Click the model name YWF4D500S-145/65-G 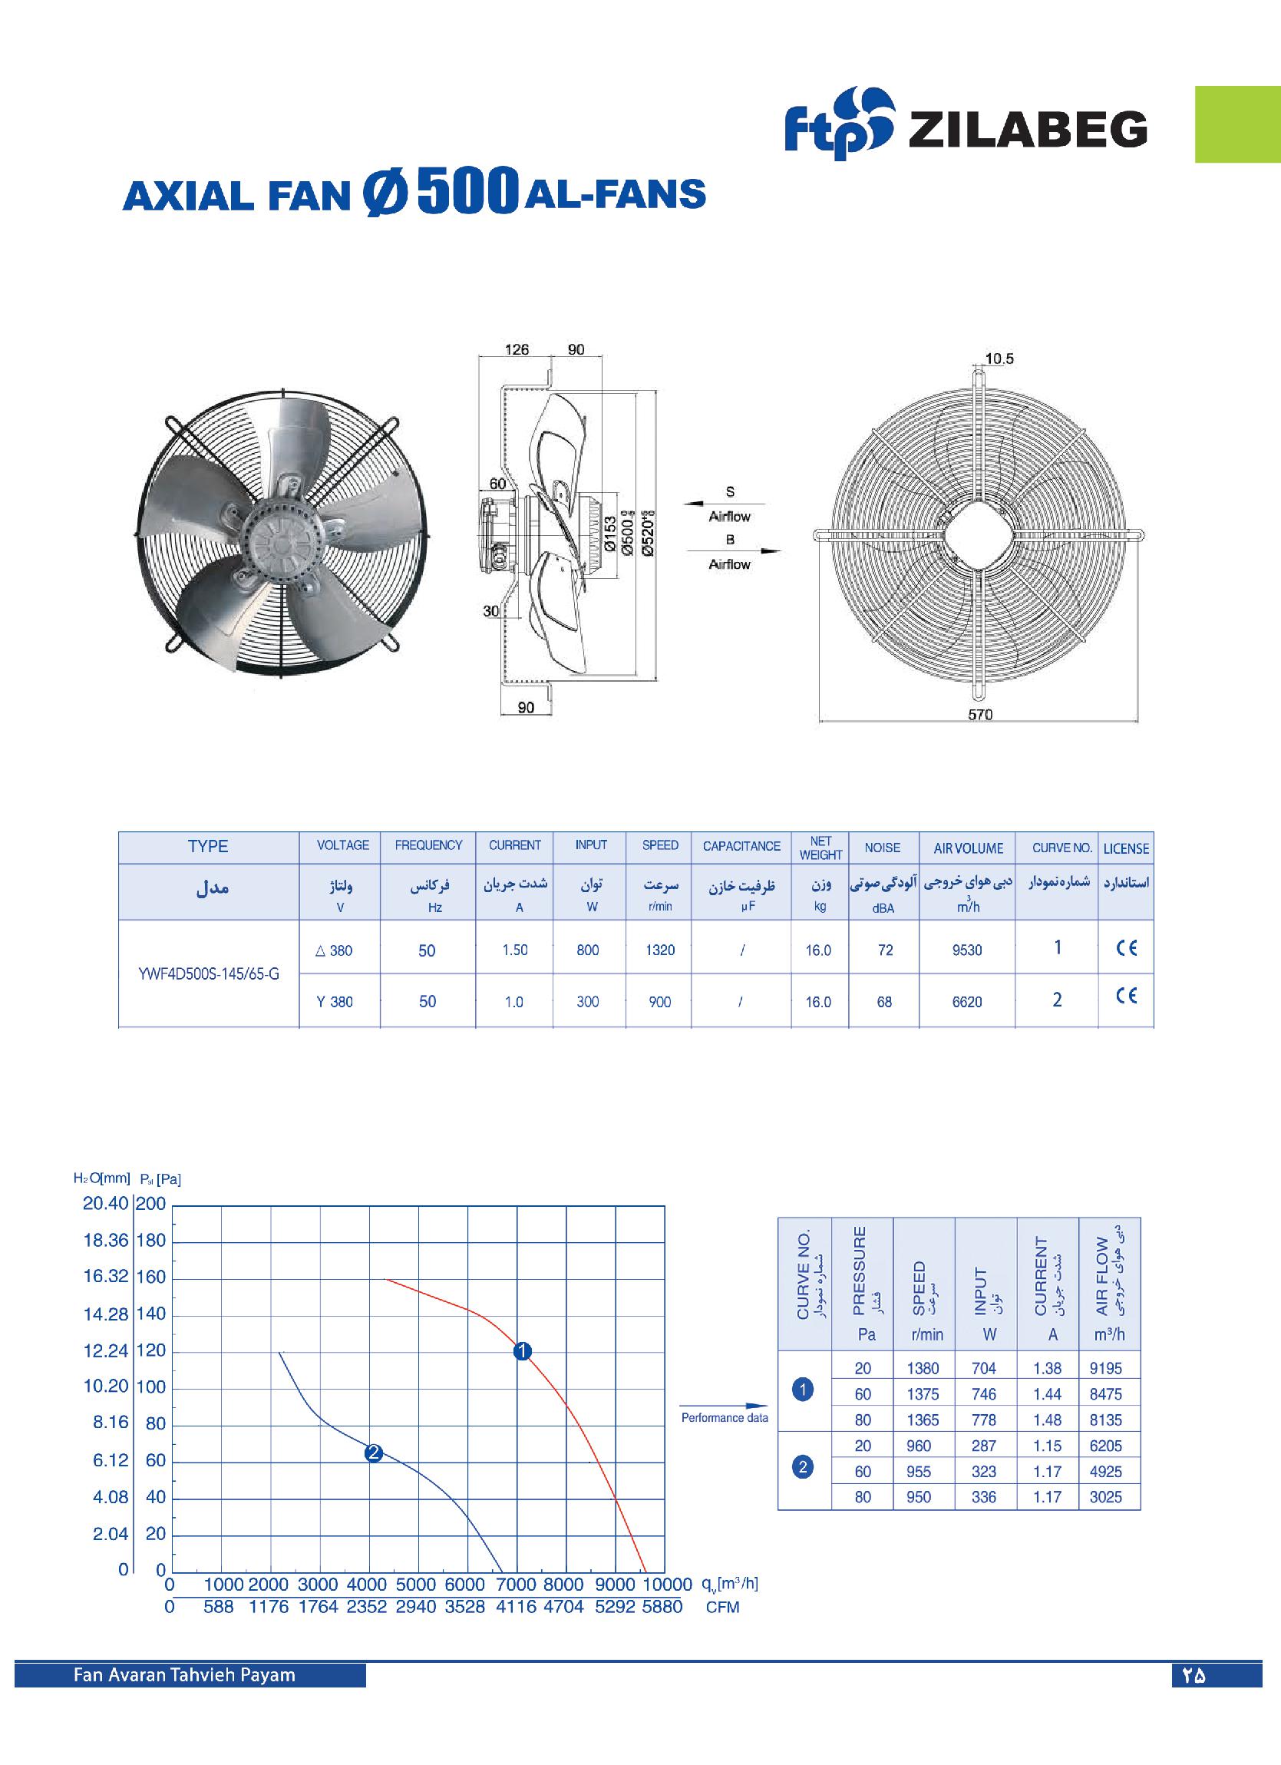click(x=209, y=973)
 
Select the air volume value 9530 click(x=967, y=950)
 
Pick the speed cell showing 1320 click(x=660, y=950)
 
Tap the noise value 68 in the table click(x=884, y=1002)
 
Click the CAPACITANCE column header click(x=741, y=846)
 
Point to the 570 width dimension click(x=980, y=715)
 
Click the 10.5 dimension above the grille click(x=999, y=359)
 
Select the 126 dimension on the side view click(x=517, y=349)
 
